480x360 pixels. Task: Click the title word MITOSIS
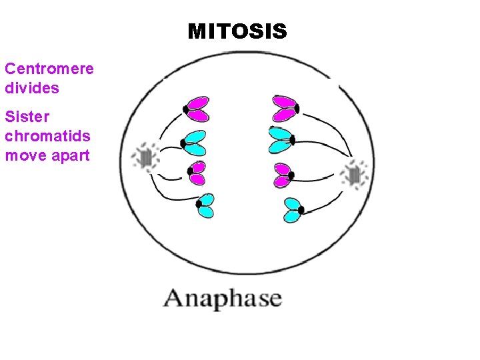coord(237,31)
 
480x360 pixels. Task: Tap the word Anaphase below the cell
coord(223,299)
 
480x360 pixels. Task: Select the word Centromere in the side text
coord(49,69)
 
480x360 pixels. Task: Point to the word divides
coord(32,88)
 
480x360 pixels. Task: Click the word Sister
coord(27,117)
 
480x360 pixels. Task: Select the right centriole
coord(354,175)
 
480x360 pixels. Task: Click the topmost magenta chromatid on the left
coord(198,109)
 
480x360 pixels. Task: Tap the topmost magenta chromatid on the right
coord(284,108)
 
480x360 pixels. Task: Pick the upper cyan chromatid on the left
coord(194,143)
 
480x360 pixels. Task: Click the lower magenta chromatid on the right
coord(283,175)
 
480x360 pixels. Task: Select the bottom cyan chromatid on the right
coord(291,209)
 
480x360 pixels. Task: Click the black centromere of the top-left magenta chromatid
coord(186,109)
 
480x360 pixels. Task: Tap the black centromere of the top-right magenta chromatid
coord(296,108)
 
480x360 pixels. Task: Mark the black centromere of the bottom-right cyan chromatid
coord(301,210)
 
